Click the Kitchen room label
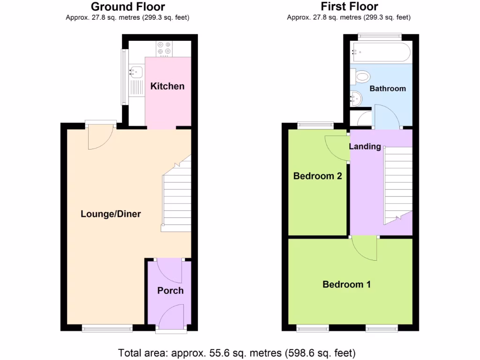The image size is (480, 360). [x=167, y=86]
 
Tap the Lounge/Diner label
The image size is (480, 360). [x=111, y=214]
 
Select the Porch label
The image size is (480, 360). [x=170, y=291]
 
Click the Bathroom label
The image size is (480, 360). [x=388, y=89]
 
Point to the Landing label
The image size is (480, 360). [x=365, y=146]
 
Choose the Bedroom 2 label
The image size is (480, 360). [x=317, y=176]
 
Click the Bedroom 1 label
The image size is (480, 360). [x=346, y=284]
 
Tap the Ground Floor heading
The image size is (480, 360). [x=128, y=7]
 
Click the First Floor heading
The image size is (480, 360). [x=349, y=7]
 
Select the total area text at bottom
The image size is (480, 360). [x=237, y=352]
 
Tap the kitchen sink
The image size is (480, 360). [x=136, y=72]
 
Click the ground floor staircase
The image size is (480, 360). [x=177, y=197]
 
